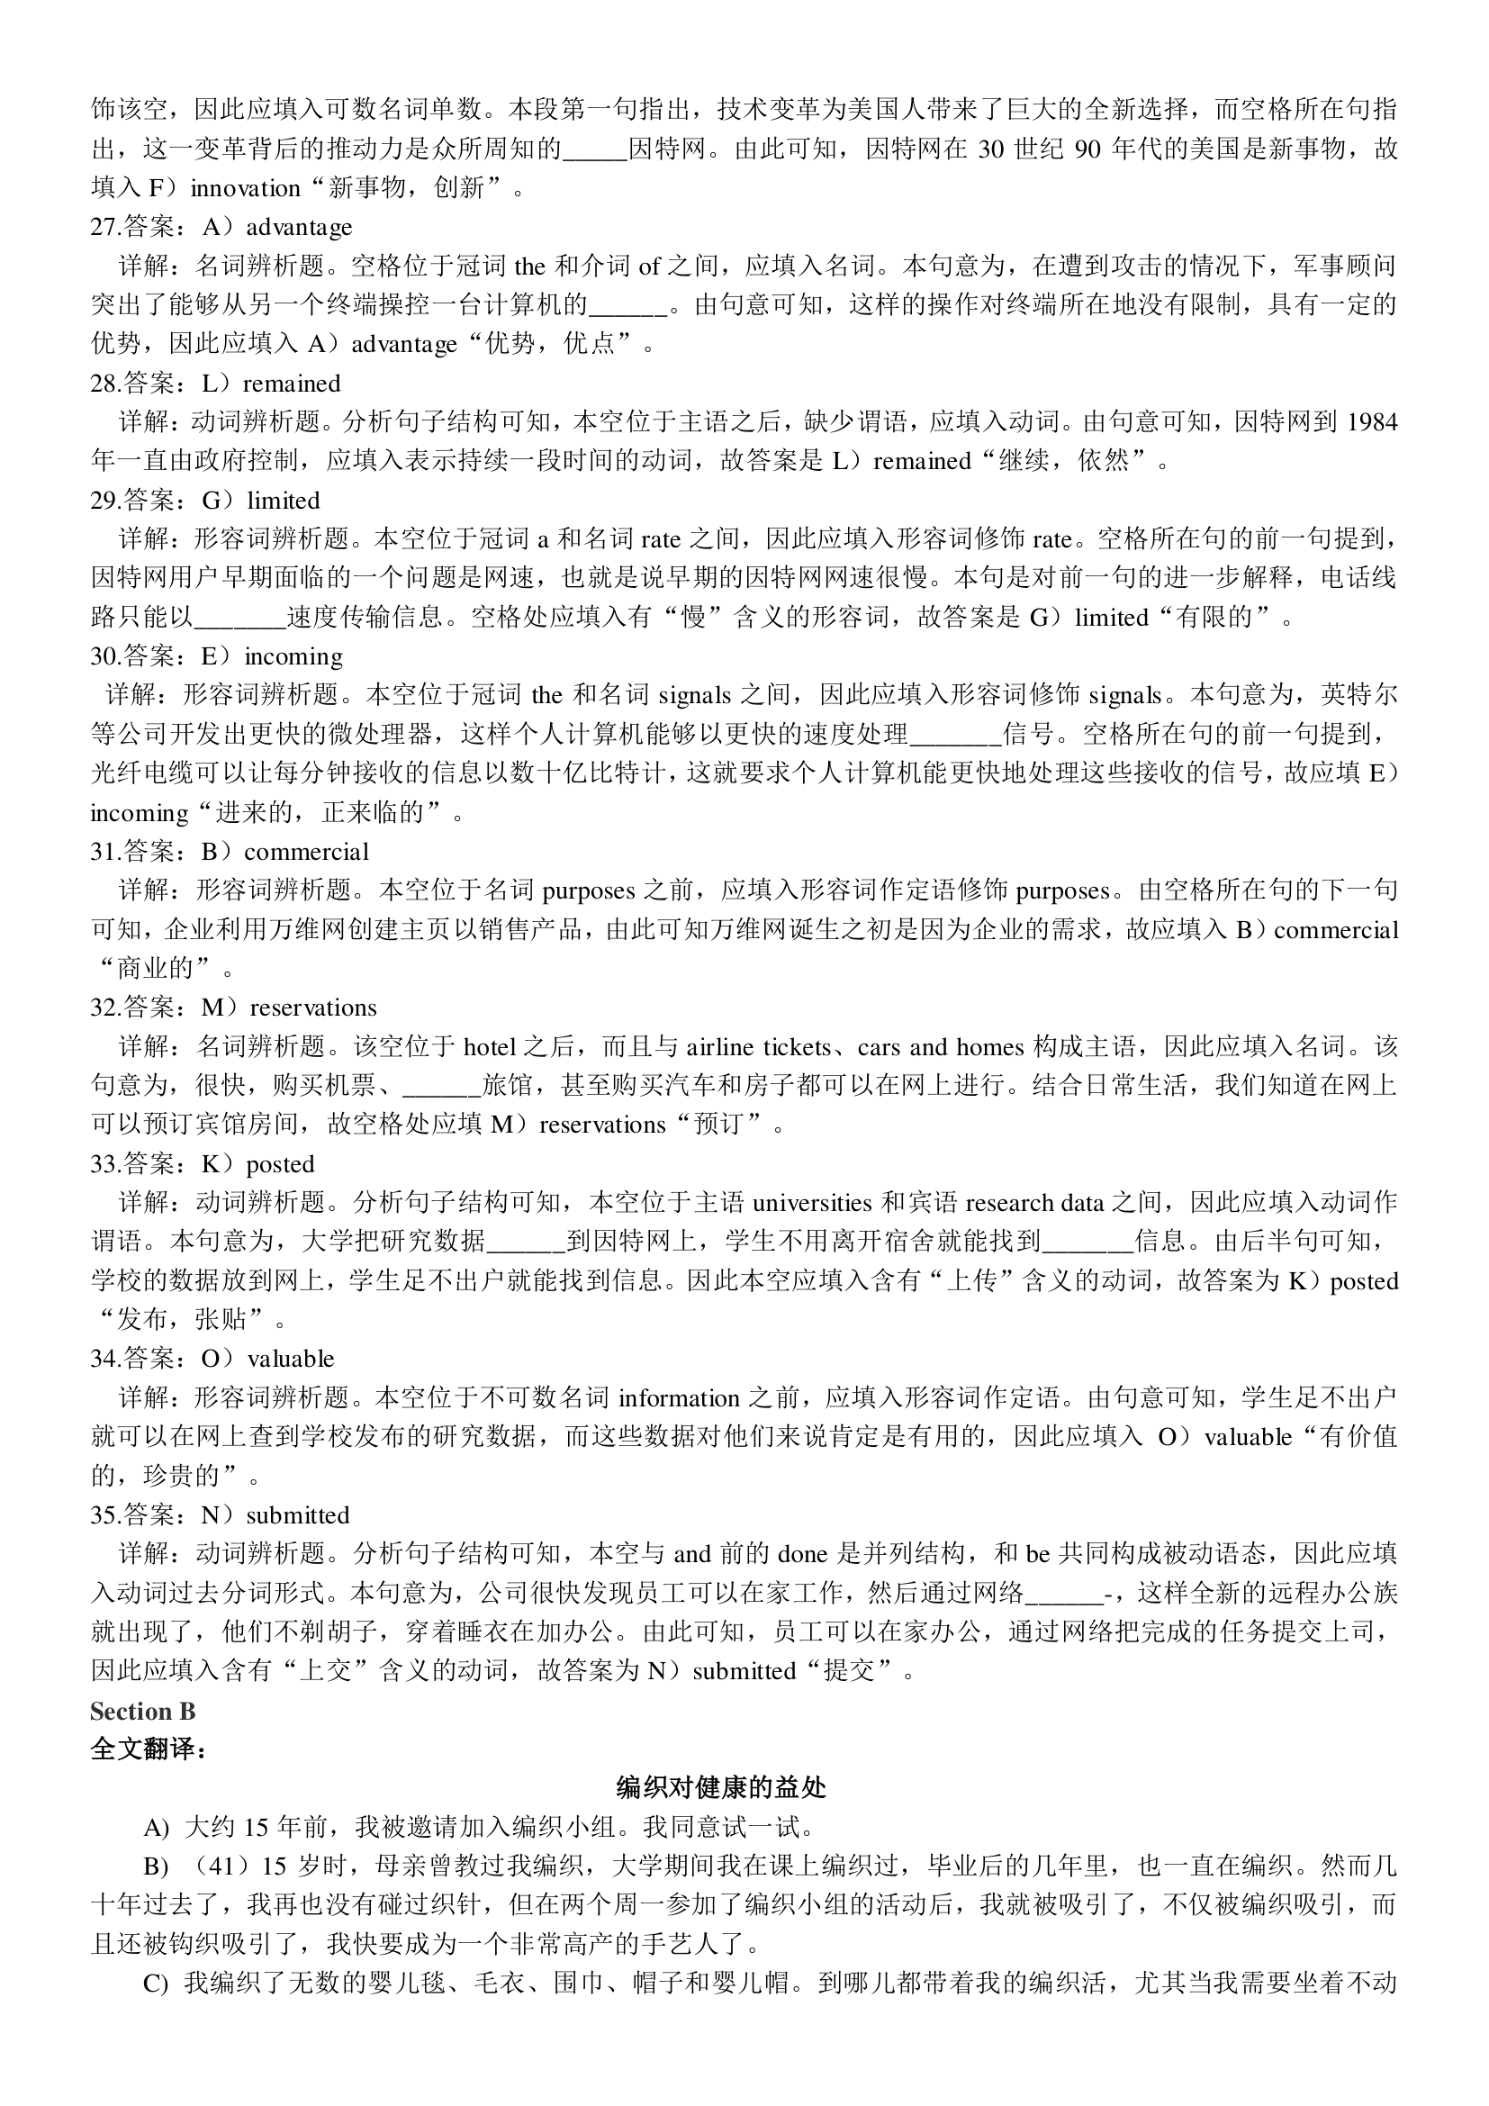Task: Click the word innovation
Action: pyautogui.click(x=245, y=188)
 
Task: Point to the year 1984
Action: pyautogui.click(x=1372, y=422)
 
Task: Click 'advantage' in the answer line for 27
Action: pyautogui.click(x=299, y=227)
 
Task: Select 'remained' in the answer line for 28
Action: pyautogui.click(x=292, y=384)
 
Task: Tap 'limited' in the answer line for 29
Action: pyautogui.click(x=284, y=501)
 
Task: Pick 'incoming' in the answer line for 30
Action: pyautogui.click(x=293, y=656)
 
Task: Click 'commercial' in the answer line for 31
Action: pyautogui.click(x=306, y=852)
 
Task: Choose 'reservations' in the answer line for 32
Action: pyautogui.click(x=312, y=1008)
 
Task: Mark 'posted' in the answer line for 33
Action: pyautogui.click(x=280, y=1164)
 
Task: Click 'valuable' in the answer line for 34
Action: pyautogui.click(x=291, y=1359)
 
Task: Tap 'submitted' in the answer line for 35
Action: pyautogui.click(x=298, y=1515)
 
